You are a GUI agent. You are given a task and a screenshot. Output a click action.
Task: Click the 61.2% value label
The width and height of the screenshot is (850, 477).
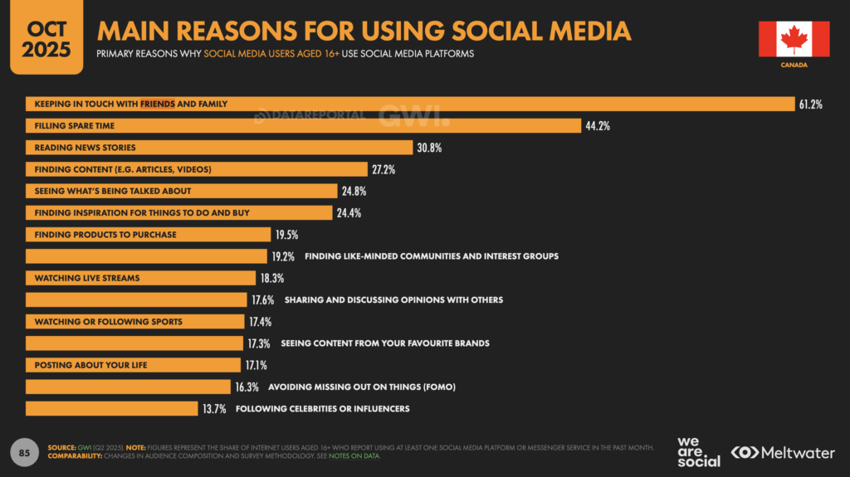[810, 105]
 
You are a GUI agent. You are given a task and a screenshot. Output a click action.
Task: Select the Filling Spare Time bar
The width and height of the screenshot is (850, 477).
[302, 126]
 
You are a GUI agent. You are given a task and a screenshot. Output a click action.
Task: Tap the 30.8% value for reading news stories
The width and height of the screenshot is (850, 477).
[430, 148]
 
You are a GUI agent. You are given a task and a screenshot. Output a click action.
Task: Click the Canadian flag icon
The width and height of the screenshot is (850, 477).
[794, 39]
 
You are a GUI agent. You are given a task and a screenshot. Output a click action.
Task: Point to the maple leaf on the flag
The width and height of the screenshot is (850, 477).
[794, 38]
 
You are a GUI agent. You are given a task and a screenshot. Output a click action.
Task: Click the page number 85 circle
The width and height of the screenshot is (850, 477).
[25, 452]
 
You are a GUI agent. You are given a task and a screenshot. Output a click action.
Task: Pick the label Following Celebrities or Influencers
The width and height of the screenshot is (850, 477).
[322, 408]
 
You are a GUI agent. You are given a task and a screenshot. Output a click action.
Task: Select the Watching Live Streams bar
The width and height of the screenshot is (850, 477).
[140, 278]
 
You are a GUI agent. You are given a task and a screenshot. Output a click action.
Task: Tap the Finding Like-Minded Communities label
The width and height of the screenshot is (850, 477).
[431, 256]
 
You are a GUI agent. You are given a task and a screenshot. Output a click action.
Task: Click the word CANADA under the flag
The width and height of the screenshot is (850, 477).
[794, 65]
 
